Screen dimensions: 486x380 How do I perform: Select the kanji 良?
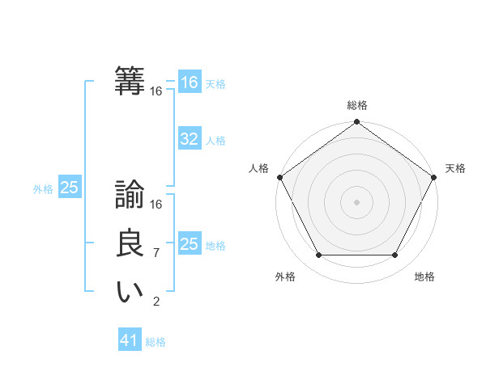(x=130, y=244)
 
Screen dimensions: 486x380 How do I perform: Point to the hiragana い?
(x=130, y=292)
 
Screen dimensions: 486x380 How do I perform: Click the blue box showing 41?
(x=130, y=340)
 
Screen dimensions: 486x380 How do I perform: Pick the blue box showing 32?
(x=190, y=139)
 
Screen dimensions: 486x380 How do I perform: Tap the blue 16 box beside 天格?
(x=190, y=82)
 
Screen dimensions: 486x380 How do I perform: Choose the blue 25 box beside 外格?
(x=70, y=188)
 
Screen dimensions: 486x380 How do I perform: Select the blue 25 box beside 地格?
(x=190, y=244)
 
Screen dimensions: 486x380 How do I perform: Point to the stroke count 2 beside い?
(x=156, y=302)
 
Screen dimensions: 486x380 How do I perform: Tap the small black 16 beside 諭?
(x=156, y=205)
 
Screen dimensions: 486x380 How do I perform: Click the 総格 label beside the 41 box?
(x=156, y=342)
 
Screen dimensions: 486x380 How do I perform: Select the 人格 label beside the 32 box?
(x=215, y=141)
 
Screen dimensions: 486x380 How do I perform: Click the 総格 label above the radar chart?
(x=356, y=105)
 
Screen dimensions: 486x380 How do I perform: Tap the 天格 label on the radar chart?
(x=455, y=168)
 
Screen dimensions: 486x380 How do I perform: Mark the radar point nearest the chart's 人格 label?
(x=279, y=177)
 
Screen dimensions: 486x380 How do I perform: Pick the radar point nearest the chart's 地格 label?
(x=395, y=255)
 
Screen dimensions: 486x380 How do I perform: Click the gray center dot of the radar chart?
(x=356, y=201)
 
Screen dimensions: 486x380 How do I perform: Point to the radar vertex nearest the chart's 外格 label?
(x=318, y=255)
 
